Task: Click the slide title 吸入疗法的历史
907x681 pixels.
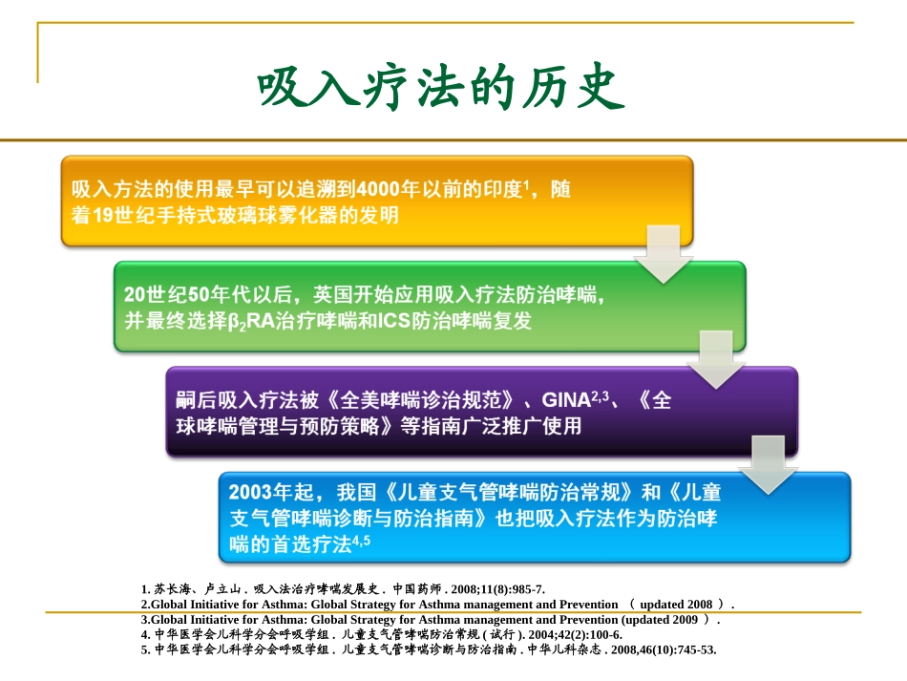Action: (442, 89)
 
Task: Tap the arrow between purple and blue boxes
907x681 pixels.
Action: (769, 464)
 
